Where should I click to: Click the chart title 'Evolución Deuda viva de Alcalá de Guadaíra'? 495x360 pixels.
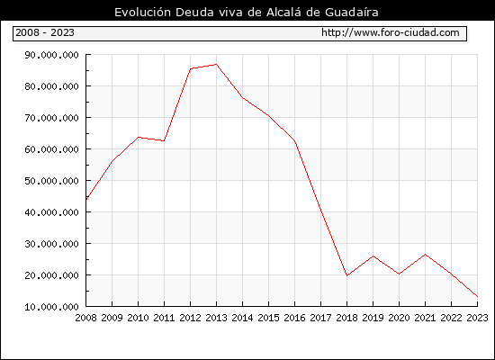coord(247,13)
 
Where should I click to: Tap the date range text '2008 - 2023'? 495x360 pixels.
coord(45,32)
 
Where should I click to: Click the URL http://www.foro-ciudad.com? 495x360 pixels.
coord(391,32)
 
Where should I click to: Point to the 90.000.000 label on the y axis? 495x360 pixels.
coord(51,55)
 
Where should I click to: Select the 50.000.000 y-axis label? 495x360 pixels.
coord(51,181)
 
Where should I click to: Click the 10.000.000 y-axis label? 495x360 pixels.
coord(51,307)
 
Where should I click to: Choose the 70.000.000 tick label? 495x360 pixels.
coord(51,118)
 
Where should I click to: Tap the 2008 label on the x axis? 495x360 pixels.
coord(85,318)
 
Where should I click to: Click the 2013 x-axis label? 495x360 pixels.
coord(216,318)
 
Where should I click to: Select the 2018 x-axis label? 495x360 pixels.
coord(346,318)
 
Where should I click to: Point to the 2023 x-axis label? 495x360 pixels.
coord(477,318)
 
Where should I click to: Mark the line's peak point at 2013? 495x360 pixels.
coord(216,65)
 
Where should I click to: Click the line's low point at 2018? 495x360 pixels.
coord(346,275)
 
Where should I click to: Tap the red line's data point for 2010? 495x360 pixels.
coord(138,138)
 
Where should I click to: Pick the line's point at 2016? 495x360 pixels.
coord(295,140)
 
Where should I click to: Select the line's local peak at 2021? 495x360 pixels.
coord(425,255)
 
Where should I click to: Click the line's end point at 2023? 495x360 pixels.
coord(477,296)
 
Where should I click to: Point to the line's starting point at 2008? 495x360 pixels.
coord(86,199)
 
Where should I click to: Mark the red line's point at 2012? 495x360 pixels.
coord(191,68)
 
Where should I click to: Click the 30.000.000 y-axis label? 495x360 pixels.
coord(51,244)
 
